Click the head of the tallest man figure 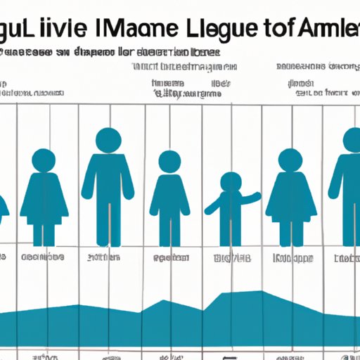point(108,139)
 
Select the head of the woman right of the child point(290,160)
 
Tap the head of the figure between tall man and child point(169,162)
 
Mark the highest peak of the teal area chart point(261,292)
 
